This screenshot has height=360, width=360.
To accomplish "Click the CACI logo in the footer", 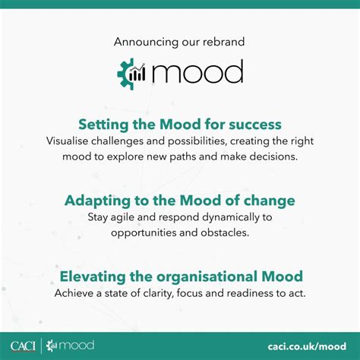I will click(x=26, y=346).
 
